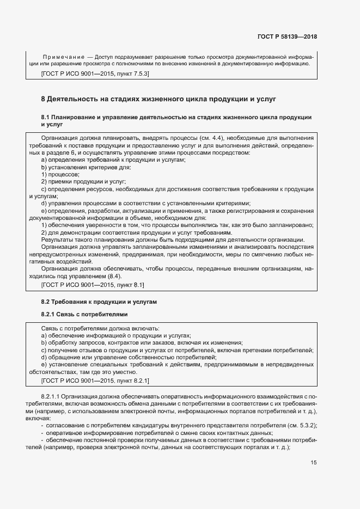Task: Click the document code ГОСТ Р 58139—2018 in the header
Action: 287,37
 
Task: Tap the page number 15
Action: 314,462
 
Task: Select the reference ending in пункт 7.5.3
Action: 95,73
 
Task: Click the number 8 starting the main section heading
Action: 44,100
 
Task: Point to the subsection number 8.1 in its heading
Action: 46,117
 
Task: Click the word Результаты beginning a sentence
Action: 58,240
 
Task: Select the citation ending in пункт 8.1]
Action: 93,285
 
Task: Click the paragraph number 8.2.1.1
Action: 52,397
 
